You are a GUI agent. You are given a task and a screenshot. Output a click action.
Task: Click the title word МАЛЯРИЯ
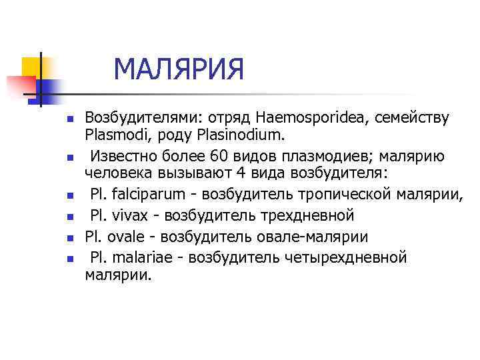(179, 70)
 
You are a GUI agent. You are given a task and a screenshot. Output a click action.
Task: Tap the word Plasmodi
(110, 136)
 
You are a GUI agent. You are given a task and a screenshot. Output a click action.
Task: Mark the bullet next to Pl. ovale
(68, 238)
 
